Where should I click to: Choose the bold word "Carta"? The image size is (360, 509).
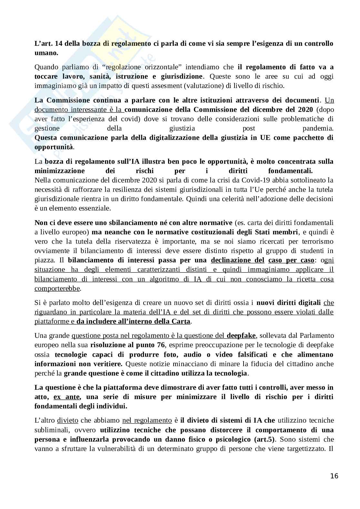click(x=182, y=321)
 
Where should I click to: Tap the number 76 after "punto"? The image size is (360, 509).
click(x=161, y=345)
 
